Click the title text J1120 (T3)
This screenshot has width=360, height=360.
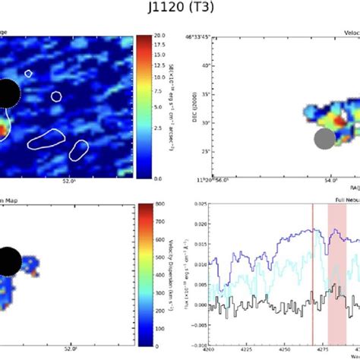pyautogui.click(x=180, y=8)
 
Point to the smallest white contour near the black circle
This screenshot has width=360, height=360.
pyautogui.click(x=28, y=74)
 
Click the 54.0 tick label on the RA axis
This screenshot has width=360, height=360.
pyautogui.click(x=330, y=183)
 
